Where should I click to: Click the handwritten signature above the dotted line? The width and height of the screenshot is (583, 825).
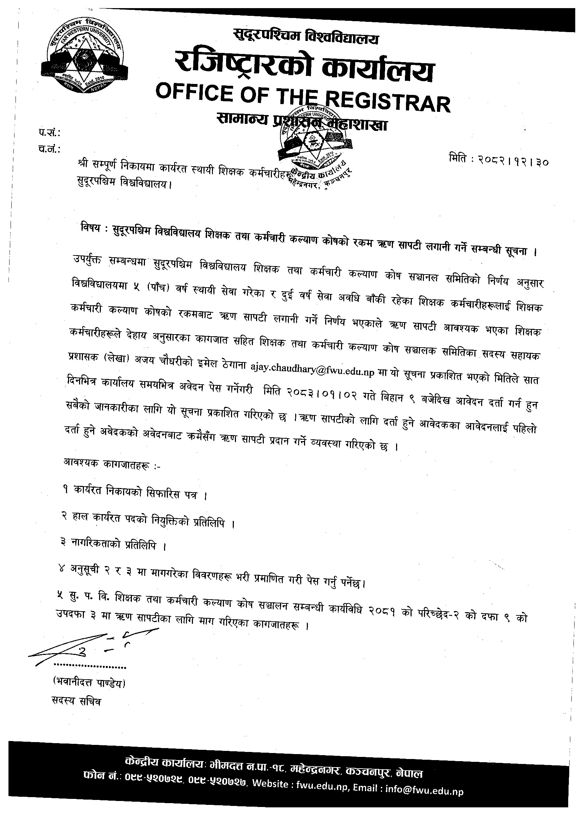(x=90, y=649)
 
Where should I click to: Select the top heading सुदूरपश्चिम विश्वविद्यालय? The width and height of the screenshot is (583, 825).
(x=305, y=37)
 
